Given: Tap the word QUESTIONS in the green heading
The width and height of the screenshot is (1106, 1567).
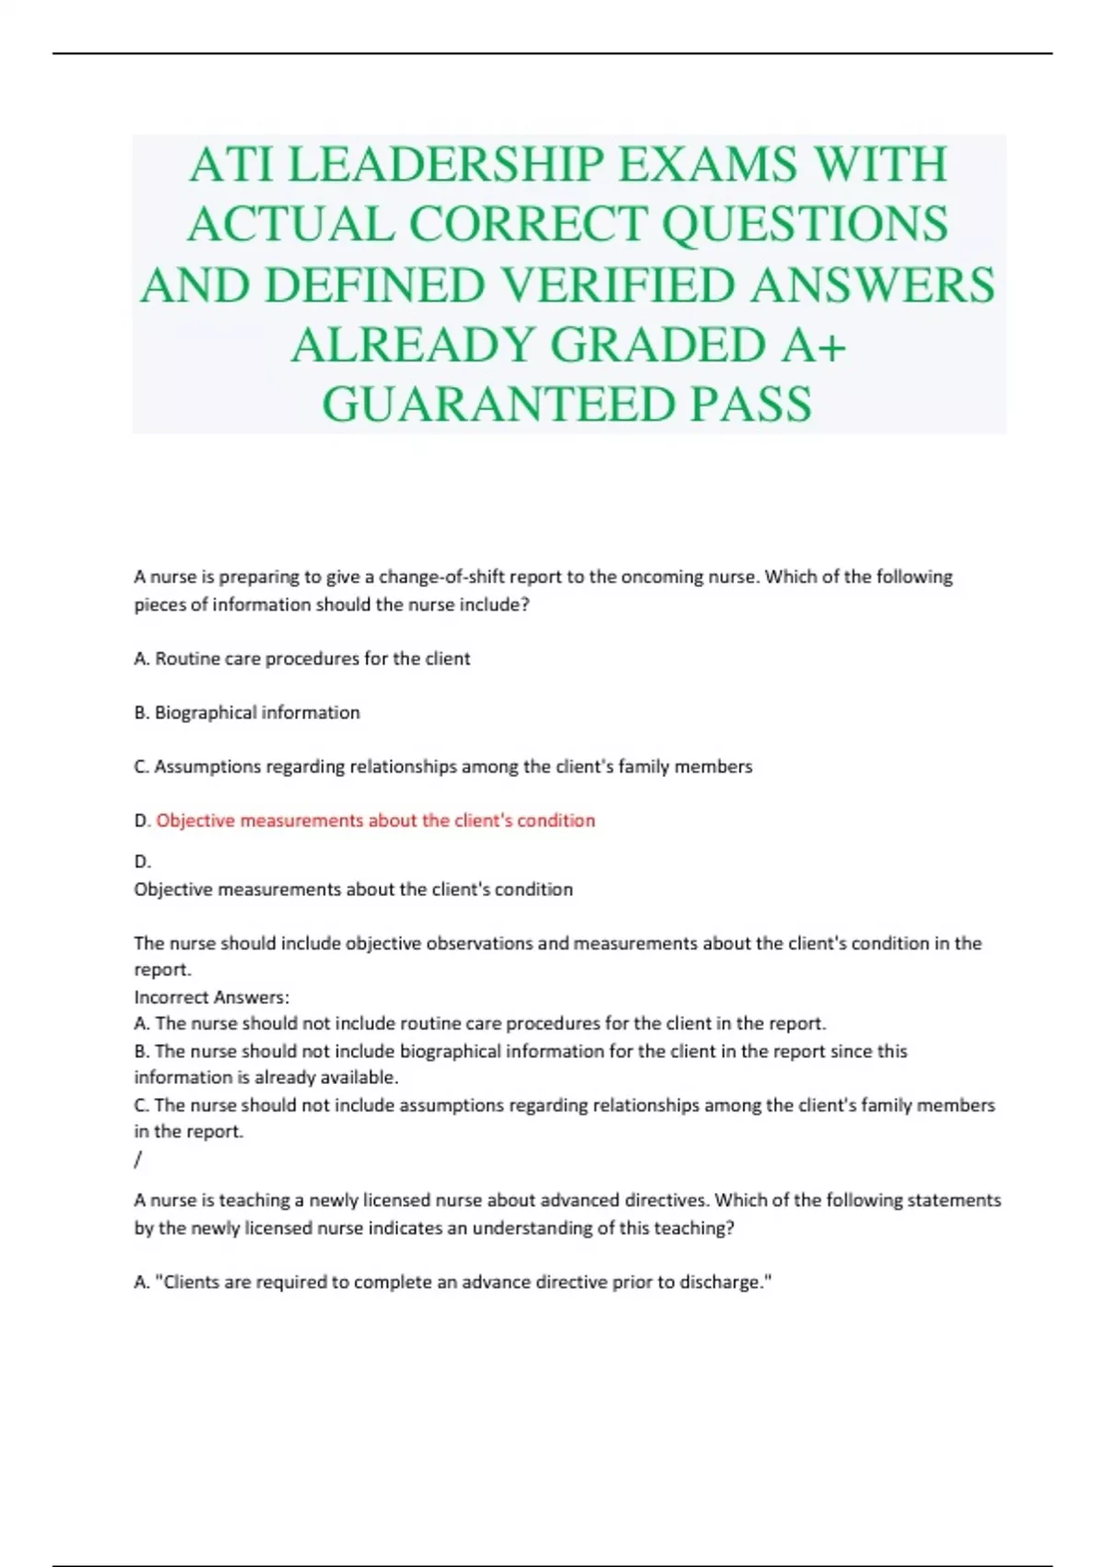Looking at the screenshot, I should [805, 225].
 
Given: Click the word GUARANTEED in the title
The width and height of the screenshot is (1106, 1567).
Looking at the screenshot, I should [497, 405].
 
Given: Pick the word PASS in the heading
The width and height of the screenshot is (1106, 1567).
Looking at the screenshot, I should [751, 405].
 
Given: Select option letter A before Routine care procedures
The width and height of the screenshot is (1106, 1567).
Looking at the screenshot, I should [141, 659].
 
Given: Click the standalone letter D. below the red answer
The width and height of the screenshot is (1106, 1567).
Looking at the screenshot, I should [142, 862].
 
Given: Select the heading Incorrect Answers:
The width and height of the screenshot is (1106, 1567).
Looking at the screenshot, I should [212, 997].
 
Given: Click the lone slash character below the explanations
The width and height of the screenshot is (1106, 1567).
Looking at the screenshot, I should [138, 1160].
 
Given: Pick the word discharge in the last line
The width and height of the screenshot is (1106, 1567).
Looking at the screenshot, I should [721, 1282].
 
